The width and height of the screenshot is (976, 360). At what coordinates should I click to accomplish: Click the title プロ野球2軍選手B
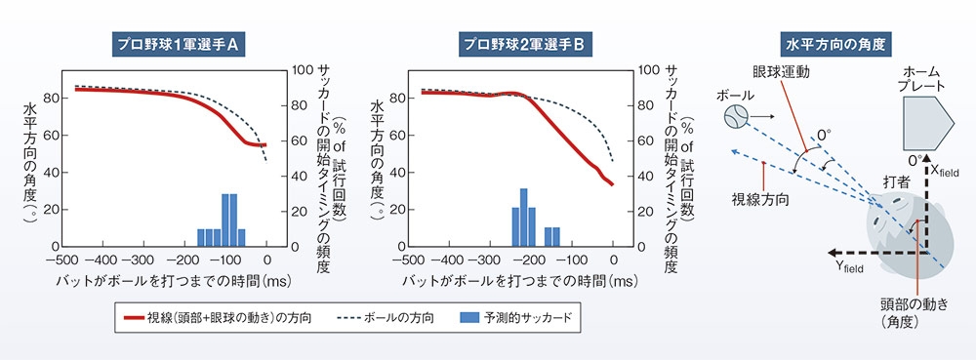(523, 42)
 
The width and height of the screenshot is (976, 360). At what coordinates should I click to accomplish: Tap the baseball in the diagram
(736, 118)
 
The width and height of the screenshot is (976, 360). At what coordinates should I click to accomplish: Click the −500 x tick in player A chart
(61, 260)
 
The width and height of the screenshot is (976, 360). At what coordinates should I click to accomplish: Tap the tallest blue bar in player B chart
(523, 217)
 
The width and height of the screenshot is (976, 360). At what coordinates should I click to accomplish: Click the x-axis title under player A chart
(167, 281)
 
